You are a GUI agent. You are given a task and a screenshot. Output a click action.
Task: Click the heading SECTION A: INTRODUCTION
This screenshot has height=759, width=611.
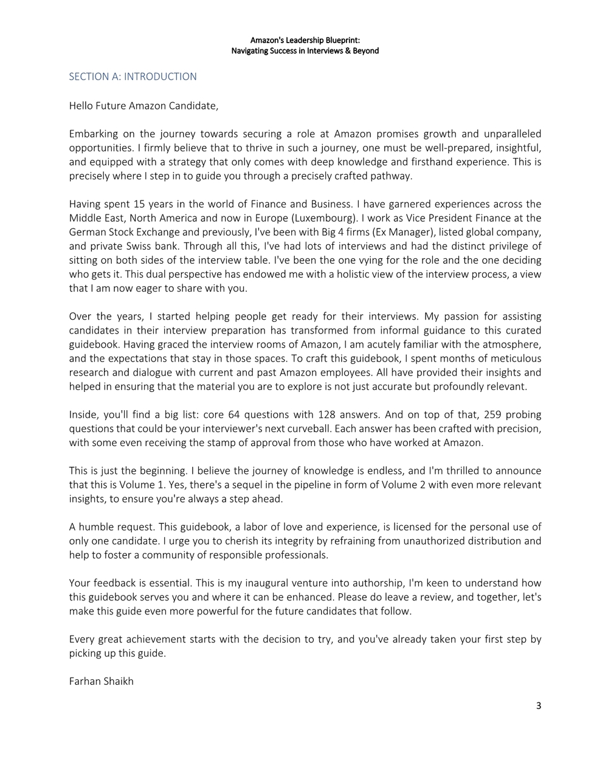click(133, 77)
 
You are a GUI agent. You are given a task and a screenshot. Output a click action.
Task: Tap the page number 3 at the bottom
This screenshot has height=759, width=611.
click(538, 706)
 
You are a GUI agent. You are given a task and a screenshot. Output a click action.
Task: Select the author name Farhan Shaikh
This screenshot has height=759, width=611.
click(101, 681)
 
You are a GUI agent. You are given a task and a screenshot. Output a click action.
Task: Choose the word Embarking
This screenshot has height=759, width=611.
click(92, 134)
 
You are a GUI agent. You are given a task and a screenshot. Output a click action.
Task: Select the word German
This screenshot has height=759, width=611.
click(86, 232)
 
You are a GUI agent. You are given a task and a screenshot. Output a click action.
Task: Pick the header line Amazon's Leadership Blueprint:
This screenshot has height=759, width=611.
click(305, 40)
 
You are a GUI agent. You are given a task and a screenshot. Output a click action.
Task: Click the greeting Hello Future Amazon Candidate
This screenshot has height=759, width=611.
click(143, 106)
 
